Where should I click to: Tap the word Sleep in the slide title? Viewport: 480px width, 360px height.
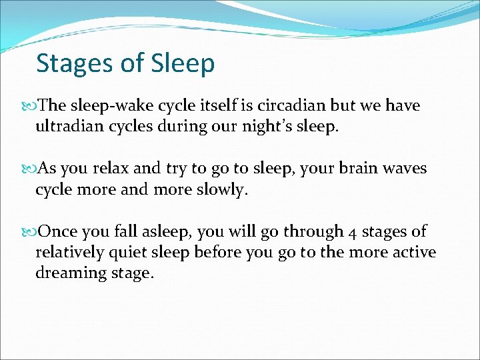(183, 64)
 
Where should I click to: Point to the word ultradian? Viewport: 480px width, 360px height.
(70, 127)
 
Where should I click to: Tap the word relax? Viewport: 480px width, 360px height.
(109, 169)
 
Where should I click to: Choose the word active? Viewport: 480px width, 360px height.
(413, 252)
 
